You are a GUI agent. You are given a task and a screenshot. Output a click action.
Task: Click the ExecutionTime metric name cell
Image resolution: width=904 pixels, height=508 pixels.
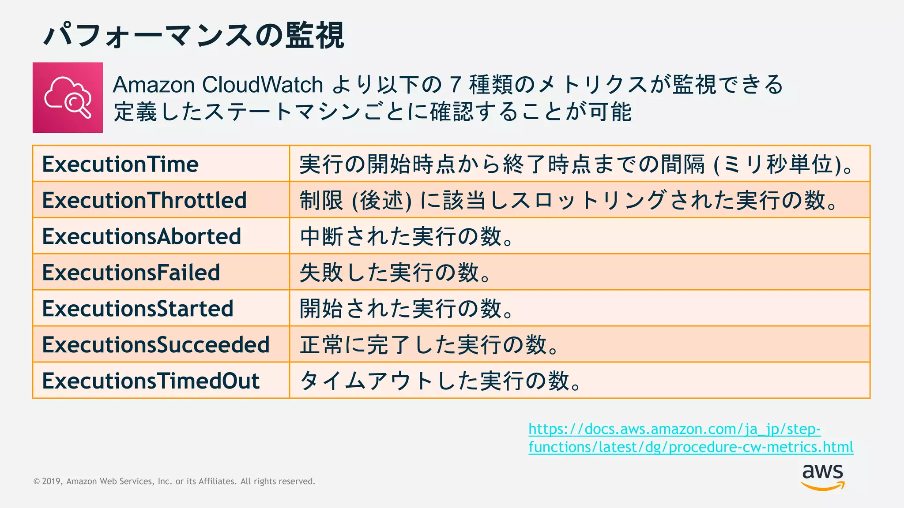coord(120,164)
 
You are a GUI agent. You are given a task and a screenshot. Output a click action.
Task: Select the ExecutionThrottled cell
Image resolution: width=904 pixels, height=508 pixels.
coord(144,200)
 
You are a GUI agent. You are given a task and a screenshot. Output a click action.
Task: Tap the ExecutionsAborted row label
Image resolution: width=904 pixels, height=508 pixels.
coord(141,236)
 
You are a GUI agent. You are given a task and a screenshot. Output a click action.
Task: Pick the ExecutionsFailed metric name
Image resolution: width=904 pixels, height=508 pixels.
coord(131,273)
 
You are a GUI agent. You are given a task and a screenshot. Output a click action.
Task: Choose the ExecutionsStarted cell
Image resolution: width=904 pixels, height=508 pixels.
coord(137,309)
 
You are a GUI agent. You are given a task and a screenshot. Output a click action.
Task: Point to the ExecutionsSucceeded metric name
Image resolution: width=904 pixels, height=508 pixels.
coord(155,345)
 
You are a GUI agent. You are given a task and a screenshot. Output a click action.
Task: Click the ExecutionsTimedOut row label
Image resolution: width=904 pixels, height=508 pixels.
coord(151,381)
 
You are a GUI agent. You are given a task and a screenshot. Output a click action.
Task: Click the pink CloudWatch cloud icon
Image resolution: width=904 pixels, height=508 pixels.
coord(68,97)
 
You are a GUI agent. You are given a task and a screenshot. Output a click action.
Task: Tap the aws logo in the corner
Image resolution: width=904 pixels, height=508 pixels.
coord(822,476)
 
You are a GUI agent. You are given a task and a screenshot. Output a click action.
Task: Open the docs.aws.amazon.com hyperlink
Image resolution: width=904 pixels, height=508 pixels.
coord(690,438)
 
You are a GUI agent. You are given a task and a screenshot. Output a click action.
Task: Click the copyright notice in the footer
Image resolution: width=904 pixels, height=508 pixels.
coord(174,481)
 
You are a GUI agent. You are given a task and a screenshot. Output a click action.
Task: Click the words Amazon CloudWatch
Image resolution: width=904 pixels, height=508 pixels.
coord(218,85)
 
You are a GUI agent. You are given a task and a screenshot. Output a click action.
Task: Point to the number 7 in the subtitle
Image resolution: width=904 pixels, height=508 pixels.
coord(455,85)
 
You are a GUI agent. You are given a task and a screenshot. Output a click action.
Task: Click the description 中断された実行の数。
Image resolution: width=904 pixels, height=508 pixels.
coord(406,236)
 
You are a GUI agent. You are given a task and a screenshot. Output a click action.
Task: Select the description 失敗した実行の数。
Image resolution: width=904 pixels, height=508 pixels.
coord(395,273)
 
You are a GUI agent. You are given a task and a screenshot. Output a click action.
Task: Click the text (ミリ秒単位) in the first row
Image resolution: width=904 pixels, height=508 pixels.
coord(777,164)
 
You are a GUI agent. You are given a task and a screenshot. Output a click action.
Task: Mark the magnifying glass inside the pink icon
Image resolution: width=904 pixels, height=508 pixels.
coord(76,105)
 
